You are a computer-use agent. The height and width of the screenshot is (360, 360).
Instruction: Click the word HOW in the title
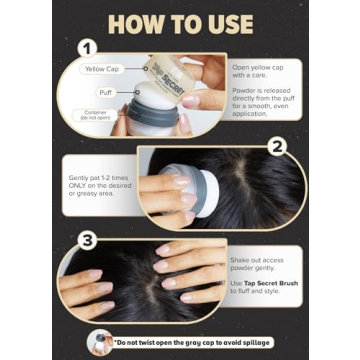(x=137, y=23)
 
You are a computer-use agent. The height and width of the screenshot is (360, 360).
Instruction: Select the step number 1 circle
(x=88, y=47)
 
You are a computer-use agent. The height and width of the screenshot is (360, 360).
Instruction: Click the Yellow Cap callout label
(x=102, y=69)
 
